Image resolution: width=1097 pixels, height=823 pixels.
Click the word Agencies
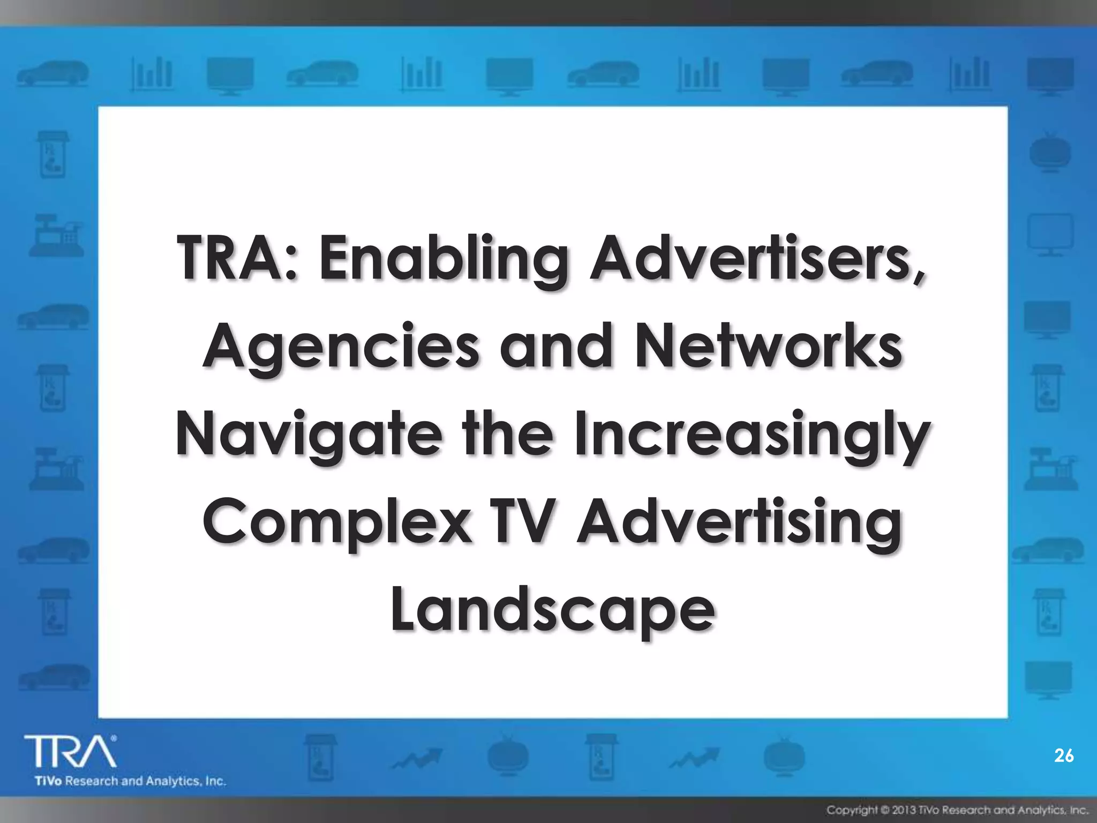tap(341, 348)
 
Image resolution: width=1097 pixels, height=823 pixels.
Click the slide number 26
tap(1064, 755)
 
